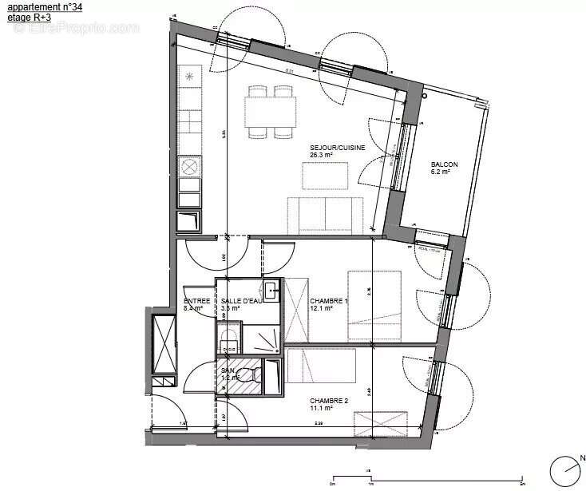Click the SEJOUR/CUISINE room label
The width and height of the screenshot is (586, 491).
click(338, 148)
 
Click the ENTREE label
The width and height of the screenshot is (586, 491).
click(196, 299)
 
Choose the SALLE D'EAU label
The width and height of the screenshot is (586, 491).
click(241, 299)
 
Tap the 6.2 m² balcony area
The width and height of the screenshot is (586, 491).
click(441, 171)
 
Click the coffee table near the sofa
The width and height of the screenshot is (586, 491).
click(325, 174)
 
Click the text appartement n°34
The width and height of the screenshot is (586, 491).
click(44, 6)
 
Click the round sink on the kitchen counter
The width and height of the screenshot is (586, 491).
click(190, 166)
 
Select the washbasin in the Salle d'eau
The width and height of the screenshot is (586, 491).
click(271, 289)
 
